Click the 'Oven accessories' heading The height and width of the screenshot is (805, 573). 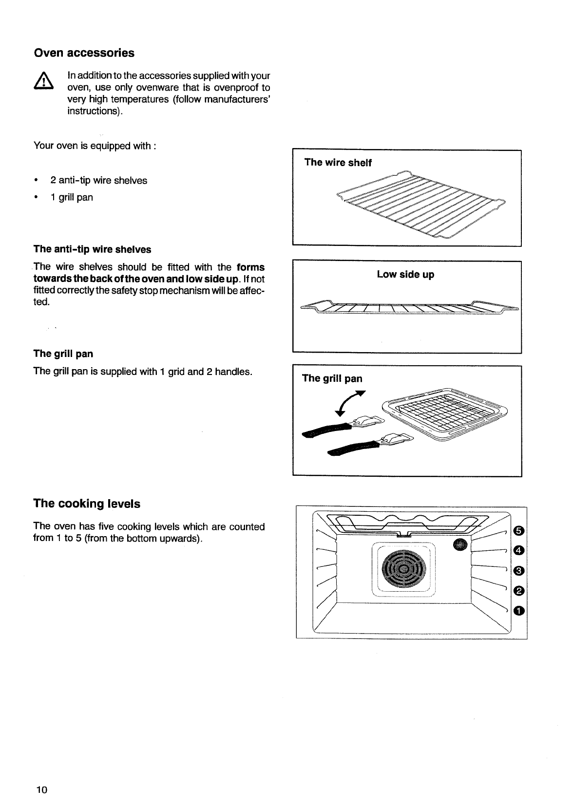click(84, 53)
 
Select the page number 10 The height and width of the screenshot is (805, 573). click(40, 789)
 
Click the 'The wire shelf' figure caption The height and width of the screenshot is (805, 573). click(338, 163)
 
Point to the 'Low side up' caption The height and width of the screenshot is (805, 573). click(405, 274)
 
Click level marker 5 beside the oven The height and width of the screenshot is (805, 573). click(518, 530)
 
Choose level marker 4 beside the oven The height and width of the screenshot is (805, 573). click(518, 550)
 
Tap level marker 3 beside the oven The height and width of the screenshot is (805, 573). click(518, 570)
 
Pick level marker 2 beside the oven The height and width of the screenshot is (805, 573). click(518, 591)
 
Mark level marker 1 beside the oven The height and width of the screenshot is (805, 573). click(518, 611)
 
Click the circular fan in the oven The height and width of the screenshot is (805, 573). click(404, 569)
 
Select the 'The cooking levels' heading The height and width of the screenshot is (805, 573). click(87, 504)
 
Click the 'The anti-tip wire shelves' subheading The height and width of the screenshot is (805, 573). click(92, 249)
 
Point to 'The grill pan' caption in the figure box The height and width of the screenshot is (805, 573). click(332, 378)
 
